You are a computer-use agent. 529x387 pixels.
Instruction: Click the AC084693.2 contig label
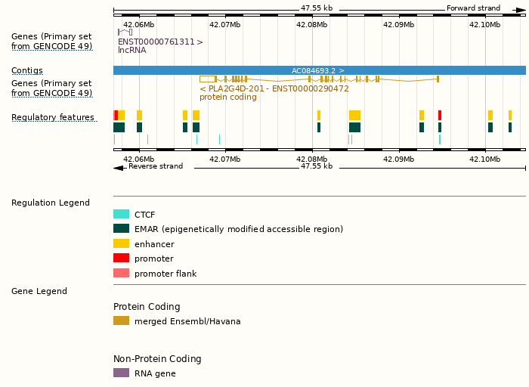317,70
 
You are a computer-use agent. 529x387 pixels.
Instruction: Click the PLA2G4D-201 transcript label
274,88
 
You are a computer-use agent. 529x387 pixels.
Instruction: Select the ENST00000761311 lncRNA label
160,42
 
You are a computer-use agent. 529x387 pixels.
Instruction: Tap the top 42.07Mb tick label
225,24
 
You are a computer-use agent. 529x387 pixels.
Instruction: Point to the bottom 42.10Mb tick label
484,159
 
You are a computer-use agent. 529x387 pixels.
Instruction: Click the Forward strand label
473,8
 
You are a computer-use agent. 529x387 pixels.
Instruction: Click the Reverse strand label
155,166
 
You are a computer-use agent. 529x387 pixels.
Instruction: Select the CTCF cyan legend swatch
121,215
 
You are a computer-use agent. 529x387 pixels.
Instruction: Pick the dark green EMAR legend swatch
121,229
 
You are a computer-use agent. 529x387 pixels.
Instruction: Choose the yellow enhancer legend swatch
121,244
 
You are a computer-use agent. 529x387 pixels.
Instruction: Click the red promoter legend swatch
121,259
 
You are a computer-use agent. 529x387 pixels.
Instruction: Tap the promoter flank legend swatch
121,274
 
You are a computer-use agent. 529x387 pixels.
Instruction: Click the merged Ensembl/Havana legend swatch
121,321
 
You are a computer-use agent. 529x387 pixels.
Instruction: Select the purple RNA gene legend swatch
121,373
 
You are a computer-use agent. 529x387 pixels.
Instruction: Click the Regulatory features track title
53,117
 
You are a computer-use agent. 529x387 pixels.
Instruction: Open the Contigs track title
27,70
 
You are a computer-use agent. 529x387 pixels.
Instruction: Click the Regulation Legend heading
50,203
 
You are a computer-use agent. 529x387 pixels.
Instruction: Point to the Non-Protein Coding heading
157,359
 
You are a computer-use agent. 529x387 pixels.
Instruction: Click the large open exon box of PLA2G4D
207,79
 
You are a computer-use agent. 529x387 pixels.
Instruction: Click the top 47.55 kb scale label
316,8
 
